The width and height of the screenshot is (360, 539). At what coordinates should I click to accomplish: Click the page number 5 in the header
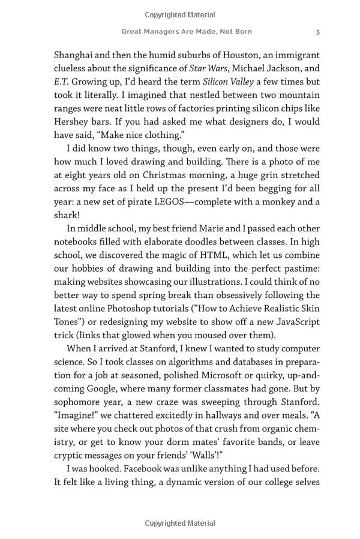coord(318,32)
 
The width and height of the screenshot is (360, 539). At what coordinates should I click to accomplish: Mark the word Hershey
coord(72,122)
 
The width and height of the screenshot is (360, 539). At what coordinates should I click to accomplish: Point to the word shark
coord(67,215)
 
